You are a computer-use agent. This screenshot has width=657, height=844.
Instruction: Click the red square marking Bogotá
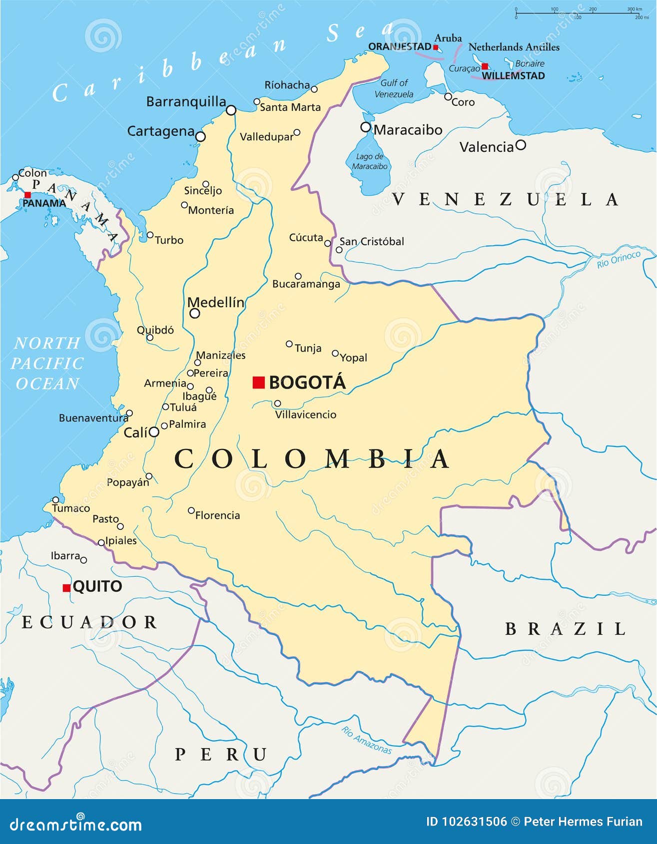tap(258, 383)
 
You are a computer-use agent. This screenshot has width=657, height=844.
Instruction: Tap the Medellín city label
tap(216, 302)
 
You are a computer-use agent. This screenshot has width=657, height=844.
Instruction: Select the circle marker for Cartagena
tap(200, 136)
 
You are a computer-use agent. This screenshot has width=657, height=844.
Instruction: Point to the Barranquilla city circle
tap(231, 110)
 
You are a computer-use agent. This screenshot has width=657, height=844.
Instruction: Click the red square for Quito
tap(66, 588)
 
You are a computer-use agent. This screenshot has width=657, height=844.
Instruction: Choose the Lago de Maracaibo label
tap(369, 161)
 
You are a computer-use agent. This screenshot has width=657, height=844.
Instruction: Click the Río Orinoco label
tap(619, 260)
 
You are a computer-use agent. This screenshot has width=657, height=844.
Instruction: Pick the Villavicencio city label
tap(306, 415)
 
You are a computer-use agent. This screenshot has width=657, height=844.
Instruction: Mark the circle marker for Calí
tap(154, 432)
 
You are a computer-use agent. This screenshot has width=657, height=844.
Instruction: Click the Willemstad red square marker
tap(485, 66)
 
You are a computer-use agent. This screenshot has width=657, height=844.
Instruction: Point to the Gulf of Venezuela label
tap(394, 88)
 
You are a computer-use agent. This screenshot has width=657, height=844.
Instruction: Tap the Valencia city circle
tap(521, 145)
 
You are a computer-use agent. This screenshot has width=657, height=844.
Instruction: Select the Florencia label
tap(217, 515)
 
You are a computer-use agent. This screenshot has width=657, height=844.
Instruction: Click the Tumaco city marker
tap(55, 500)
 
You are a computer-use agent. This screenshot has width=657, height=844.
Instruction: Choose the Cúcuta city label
tap(306, 238)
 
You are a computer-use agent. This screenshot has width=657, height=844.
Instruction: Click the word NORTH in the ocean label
tap(47, 343)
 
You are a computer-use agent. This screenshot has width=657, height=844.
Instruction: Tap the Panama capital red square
tap(27, 195)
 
